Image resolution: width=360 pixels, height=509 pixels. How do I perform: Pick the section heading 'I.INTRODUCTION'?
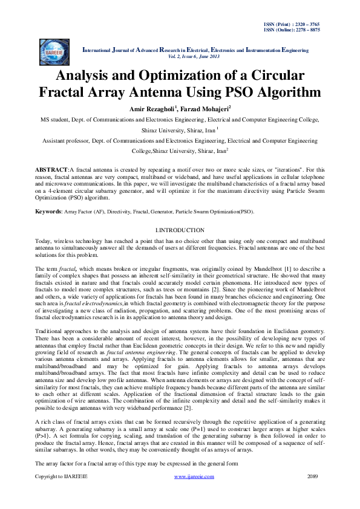[x=180, y=231]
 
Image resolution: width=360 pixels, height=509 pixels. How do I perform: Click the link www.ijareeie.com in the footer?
[x=194, y=494]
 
